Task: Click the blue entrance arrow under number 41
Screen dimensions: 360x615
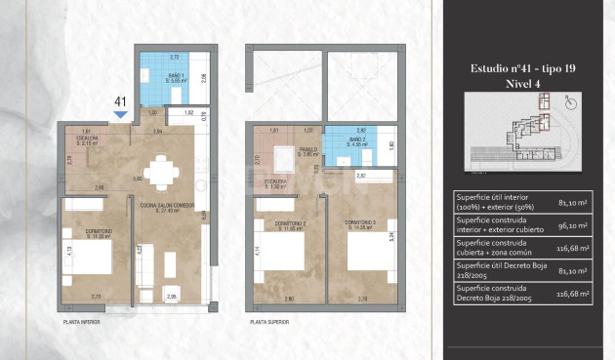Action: [121, 115]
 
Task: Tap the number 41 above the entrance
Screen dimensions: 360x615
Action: [121, 101]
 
